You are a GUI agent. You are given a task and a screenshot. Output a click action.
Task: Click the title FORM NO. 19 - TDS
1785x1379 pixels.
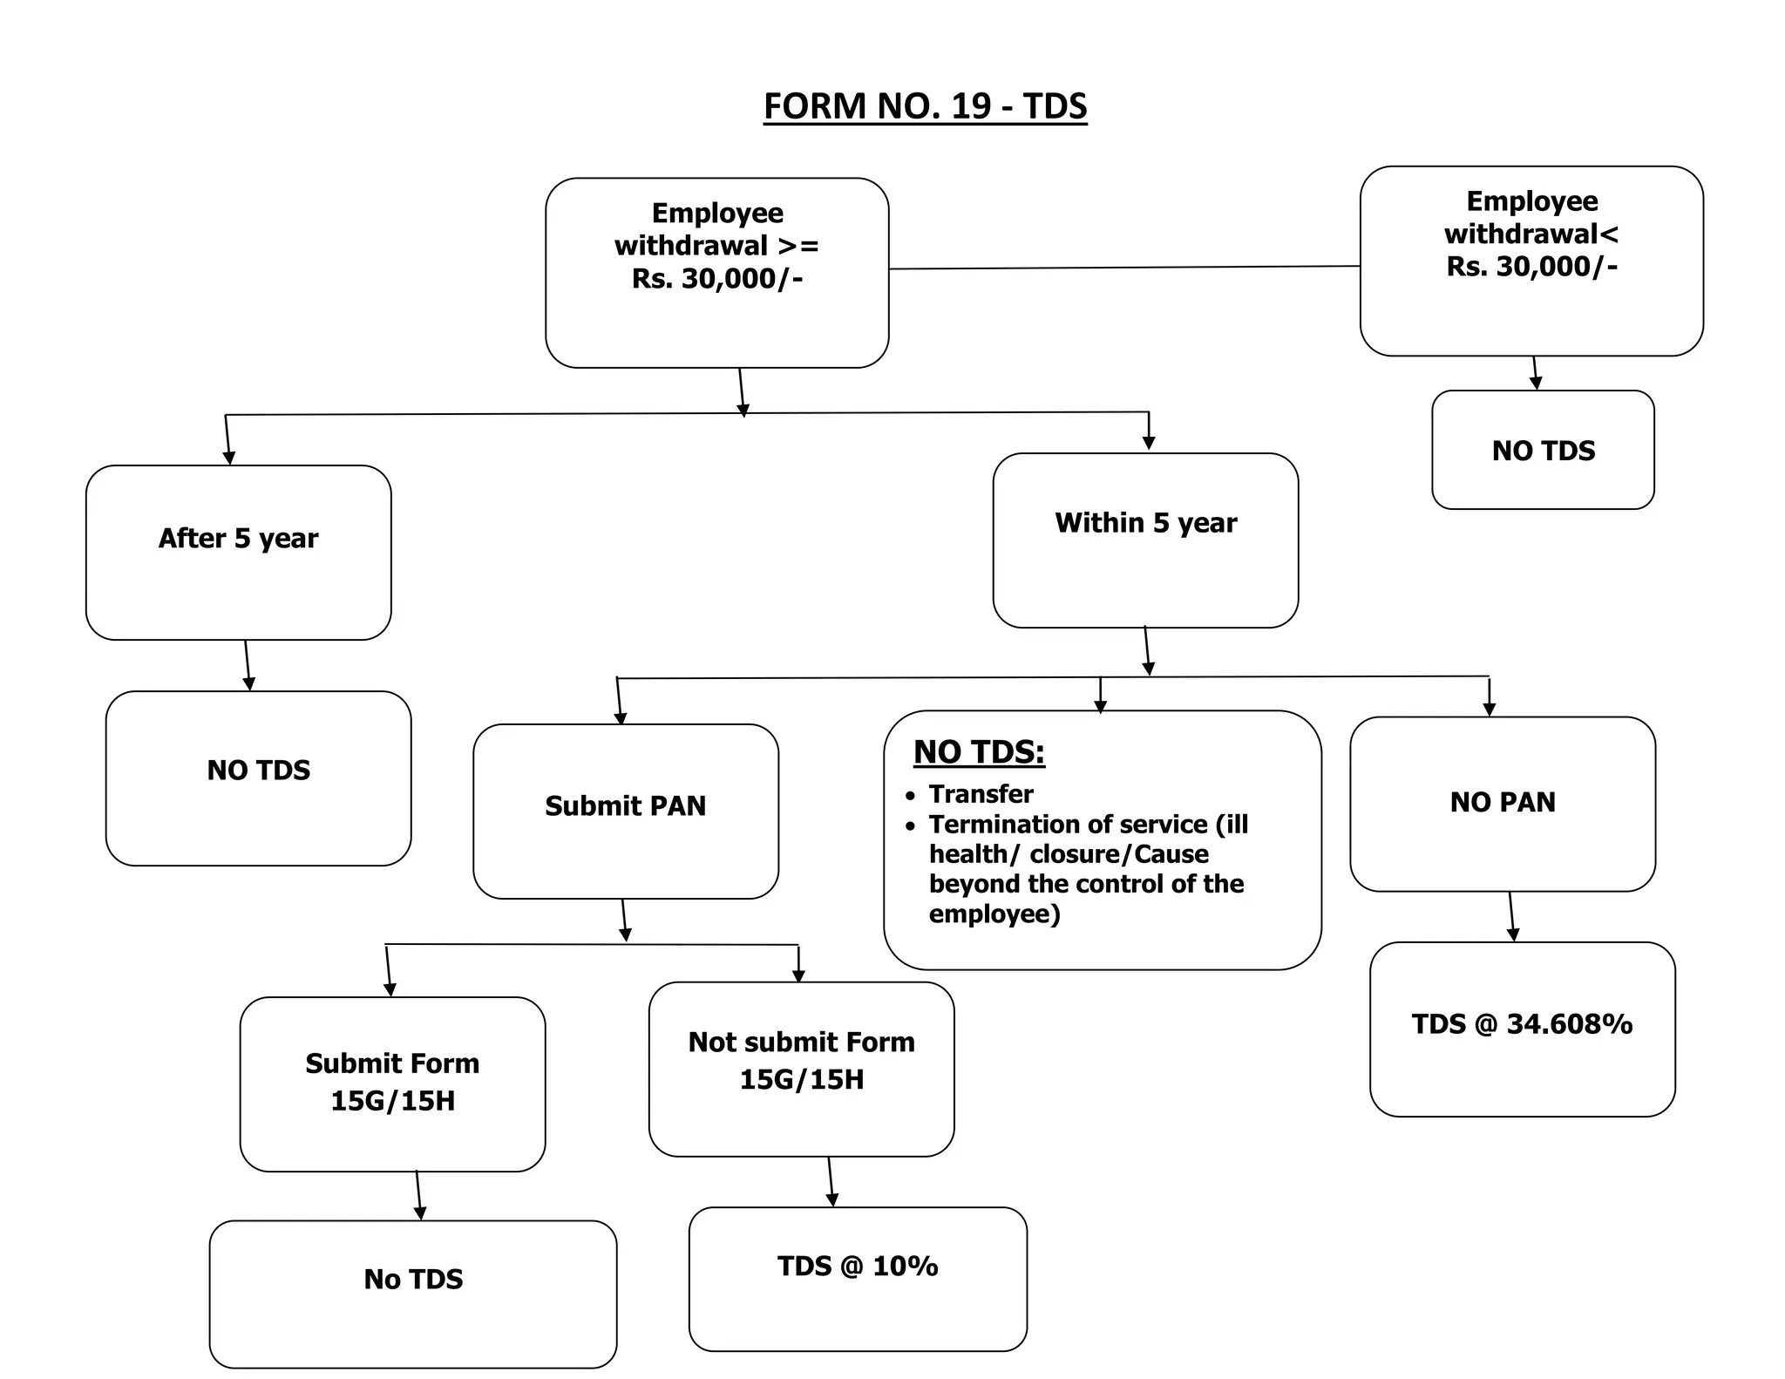coord(925,106)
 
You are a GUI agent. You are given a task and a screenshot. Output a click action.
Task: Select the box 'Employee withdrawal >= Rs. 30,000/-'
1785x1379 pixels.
coord(716,272)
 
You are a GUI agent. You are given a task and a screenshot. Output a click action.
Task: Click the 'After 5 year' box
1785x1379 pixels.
coord(238,552)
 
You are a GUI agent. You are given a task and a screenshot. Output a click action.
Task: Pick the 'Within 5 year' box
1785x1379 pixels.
coord(1145,540)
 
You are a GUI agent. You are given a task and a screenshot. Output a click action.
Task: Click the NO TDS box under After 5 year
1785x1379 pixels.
coord(258,778)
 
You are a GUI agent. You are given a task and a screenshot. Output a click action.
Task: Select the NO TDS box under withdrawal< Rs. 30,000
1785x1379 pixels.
coord(1543,450)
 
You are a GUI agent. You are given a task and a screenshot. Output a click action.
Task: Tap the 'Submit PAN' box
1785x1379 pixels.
coord(625,810)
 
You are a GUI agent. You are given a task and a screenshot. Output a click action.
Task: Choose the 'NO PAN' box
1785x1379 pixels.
coord(1502,803)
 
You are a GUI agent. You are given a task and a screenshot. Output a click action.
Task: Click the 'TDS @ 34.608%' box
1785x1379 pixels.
coord(1522,1028)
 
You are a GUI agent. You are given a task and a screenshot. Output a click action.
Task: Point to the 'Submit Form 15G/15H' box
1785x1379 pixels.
coord(392,1083)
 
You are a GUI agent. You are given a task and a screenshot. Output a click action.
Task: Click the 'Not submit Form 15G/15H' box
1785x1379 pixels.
coord(801,1068)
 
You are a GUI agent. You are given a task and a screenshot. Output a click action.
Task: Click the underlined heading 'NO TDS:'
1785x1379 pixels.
coord(979,751)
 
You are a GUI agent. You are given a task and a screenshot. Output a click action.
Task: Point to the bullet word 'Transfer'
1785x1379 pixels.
coord(981,794)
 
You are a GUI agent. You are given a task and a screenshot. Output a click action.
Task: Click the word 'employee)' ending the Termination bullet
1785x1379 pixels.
coord(994,914)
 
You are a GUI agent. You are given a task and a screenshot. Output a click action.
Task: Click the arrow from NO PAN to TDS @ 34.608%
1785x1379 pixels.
coord(1511,916)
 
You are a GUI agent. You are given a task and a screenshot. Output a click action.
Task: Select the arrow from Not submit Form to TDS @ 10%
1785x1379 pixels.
coord(831,1181)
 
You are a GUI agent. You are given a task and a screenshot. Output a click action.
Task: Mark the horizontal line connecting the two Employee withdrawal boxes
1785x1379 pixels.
coord(1124,268)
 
